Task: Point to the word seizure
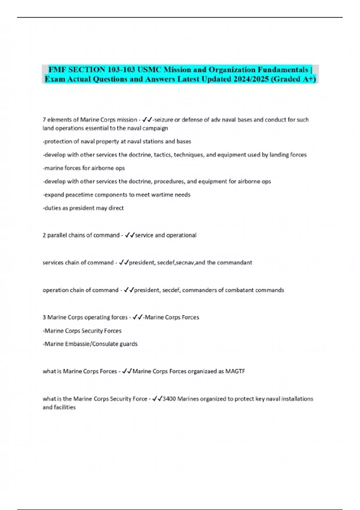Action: (163, 120)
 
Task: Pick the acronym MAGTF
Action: (235, 371)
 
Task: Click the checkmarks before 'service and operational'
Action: (130, 235)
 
